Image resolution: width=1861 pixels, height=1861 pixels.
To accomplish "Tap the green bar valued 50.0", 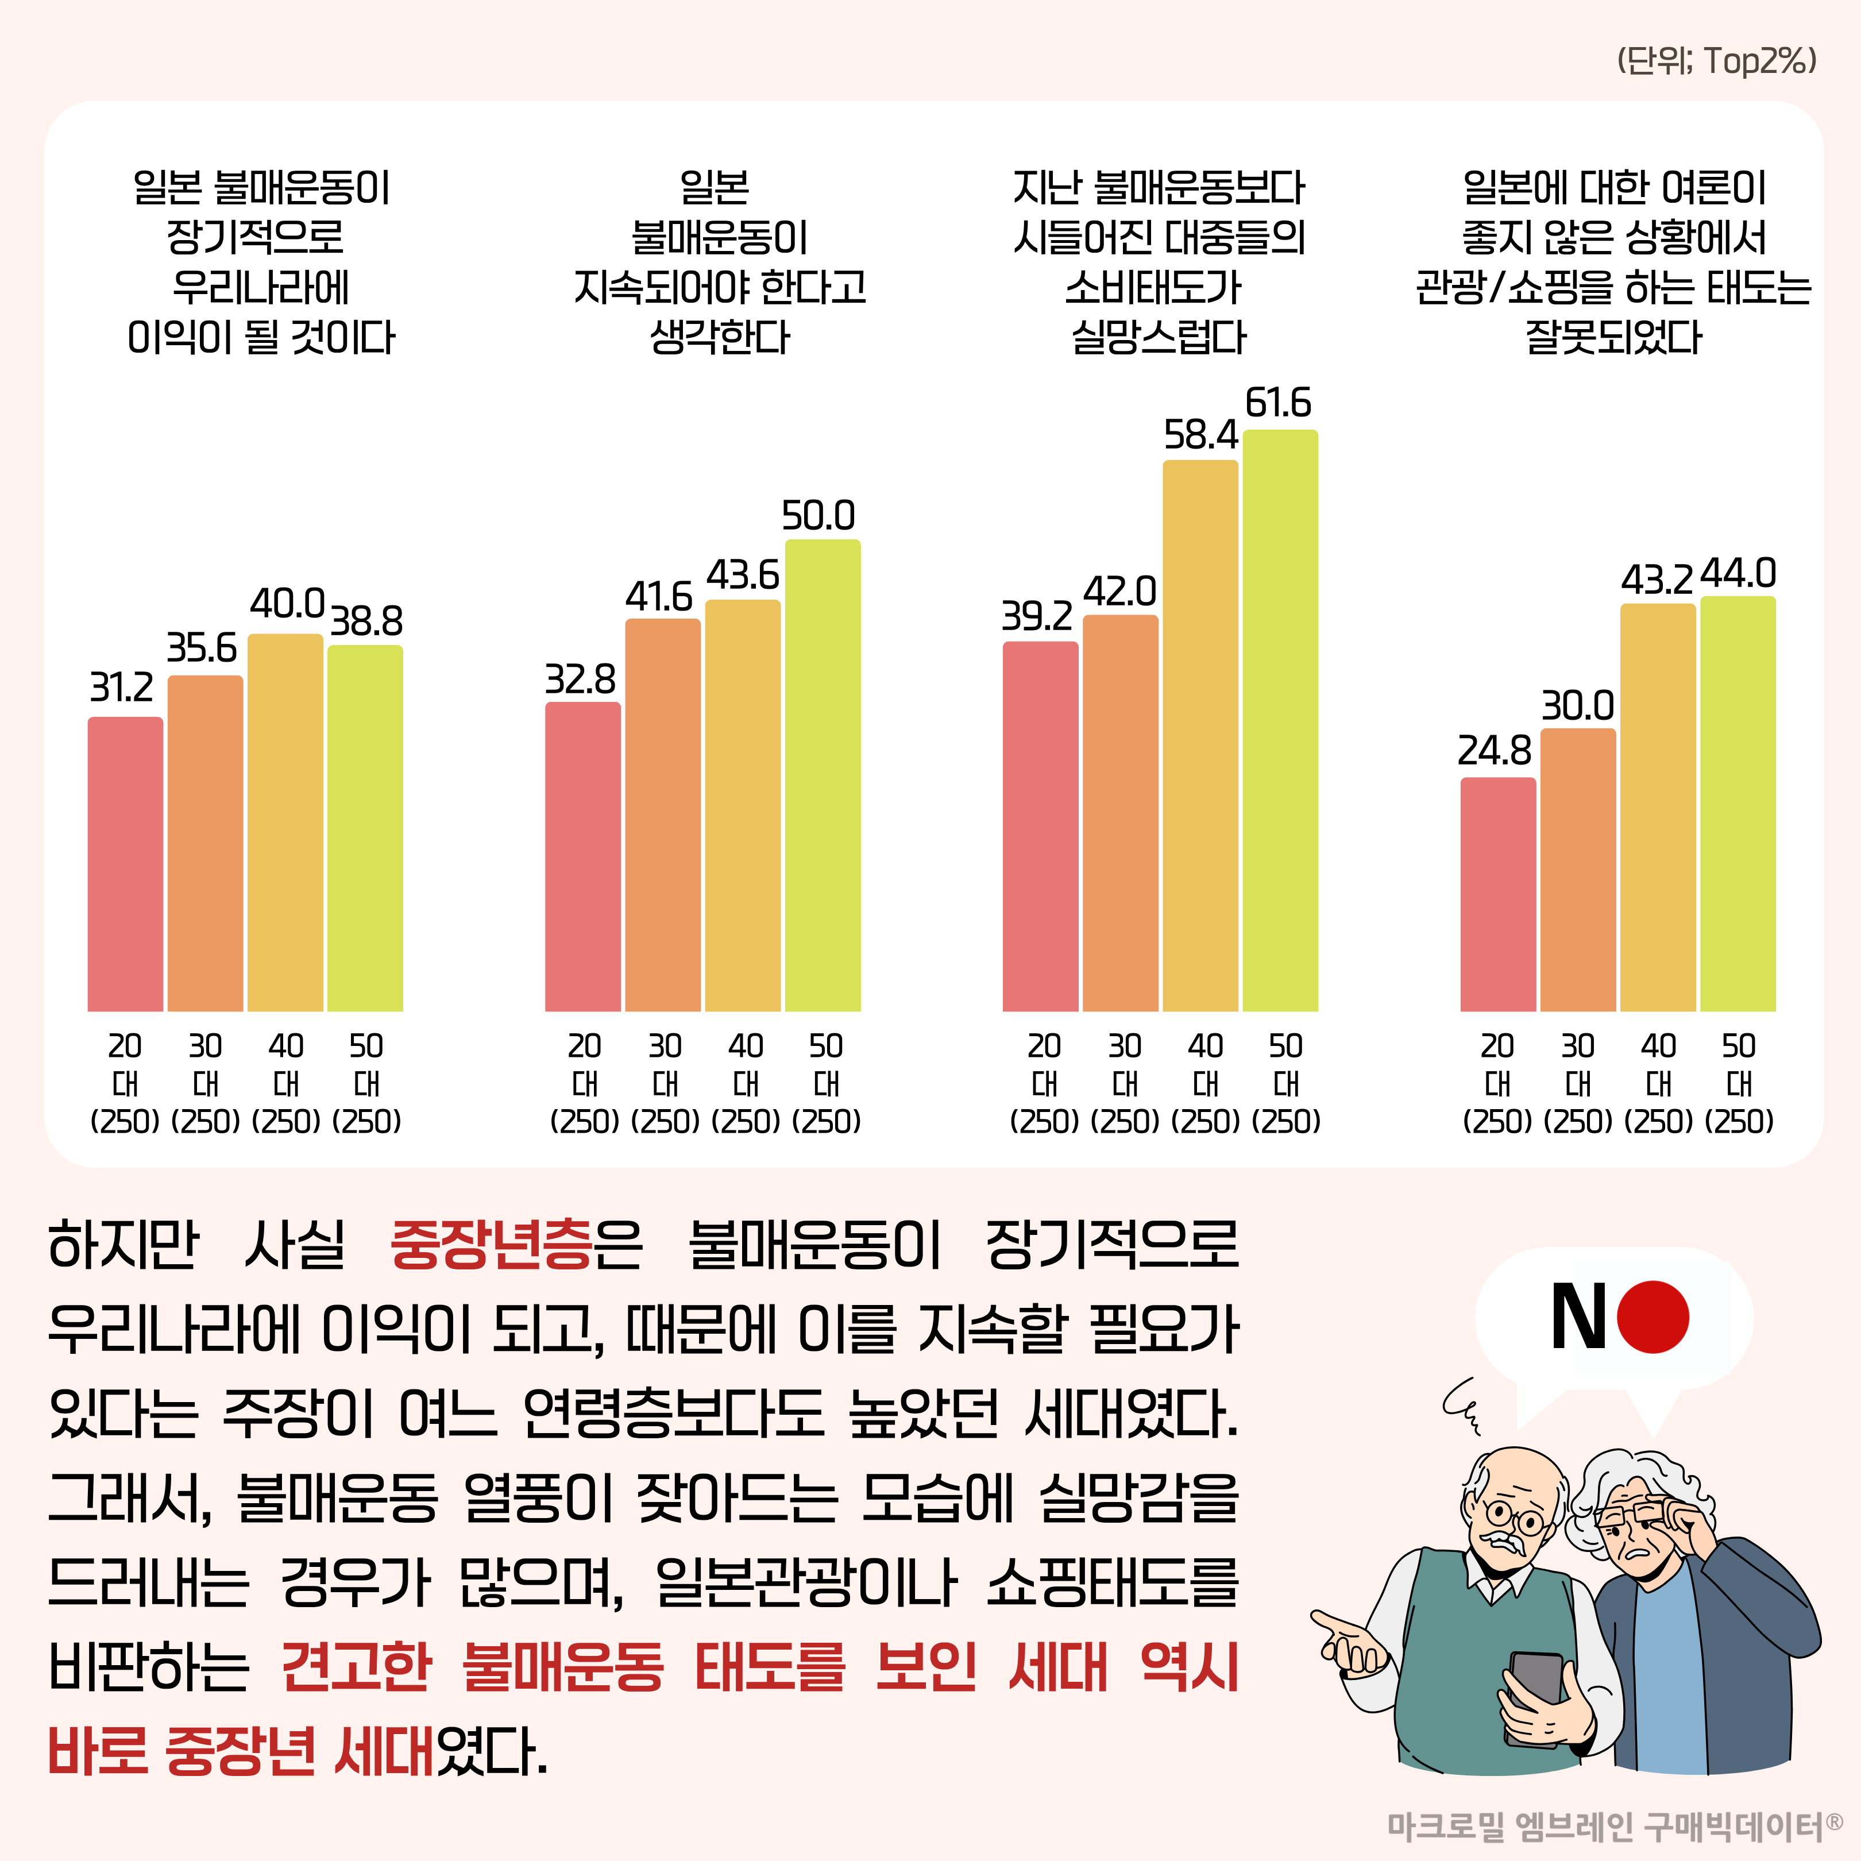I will click(823, 775).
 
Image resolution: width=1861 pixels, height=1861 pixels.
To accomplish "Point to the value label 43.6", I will click(743, 576).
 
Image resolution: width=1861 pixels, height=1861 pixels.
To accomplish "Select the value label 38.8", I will click(366, 622).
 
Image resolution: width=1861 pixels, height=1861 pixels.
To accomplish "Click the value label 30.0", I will click(1578, 706).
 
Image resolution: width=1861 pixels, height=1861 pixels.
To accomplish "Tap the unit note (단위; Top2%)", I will click(1716, 61).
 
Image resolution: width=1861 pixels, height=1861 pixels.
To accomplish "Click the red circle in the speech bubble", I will click(1653, 1316).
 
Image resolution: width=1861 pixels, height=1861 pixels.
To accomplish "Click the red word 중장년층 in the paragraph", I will click(491, 1245).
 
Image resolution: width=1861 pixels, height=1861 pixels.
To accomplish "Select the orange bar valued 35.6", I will click(205, 844).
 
